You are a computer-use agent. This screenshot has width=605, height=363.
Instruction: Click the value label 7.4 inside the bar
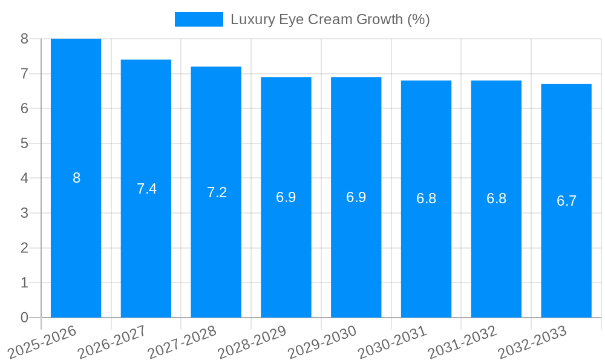[146, 189]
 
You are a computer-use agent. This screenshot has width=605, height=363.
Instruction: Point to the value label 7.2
[217, 192]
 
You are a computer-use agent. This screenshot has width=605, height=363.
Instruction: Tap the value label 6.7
[566, 201]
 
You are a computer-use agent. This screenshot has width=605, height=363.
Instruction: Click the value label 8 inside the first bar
[76, 178]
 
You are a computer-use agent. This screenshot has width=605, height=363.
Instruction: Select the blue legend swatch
[198, 19]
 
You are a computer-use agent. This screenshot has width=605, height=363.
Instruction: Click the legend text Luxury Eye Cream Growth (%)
[330, 19]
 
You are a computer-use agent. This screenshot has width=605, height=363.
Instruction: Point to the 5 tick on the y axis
[24, 143]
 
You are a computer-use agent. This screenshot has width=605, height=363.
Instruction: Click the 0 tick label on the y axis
[24, 318]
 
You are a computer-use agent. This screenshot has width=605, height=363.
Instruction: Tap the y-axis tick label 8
[24, 39]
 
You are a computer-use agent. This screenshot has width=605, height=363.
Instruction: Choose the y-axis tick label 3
[24, 213]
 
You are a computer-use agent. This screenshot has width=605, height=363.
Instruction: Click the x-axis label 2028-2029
[252, 342]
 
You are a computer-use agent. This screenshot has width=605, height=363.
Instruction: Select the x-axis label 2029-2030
[322, 342]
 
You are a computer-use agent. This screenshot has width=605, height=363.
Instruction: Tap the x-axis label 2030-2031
[393, 342]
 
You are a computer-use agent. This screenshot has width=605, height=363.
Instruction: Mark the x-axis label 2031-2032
[463, 342]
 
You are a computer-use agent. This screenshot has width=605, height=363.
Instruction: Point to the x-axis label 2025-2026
[42, 342]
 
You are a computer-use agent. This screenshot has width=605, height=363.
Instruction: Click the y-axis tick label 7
[24, 74]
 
